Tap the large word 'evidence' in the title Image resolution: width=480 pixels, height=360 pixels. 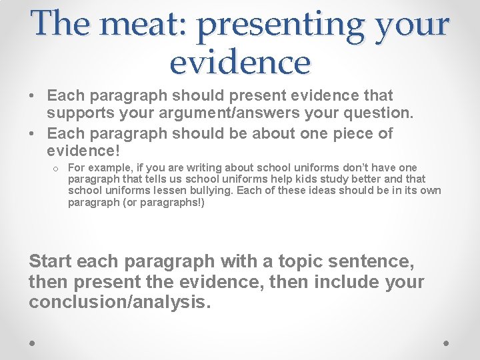pos(240,63)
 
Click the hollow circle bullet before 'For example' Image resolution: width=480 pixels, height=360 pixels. pos(57,167)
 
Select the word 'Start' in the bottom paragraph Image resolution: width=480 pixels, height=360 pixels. pos(52,261)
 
